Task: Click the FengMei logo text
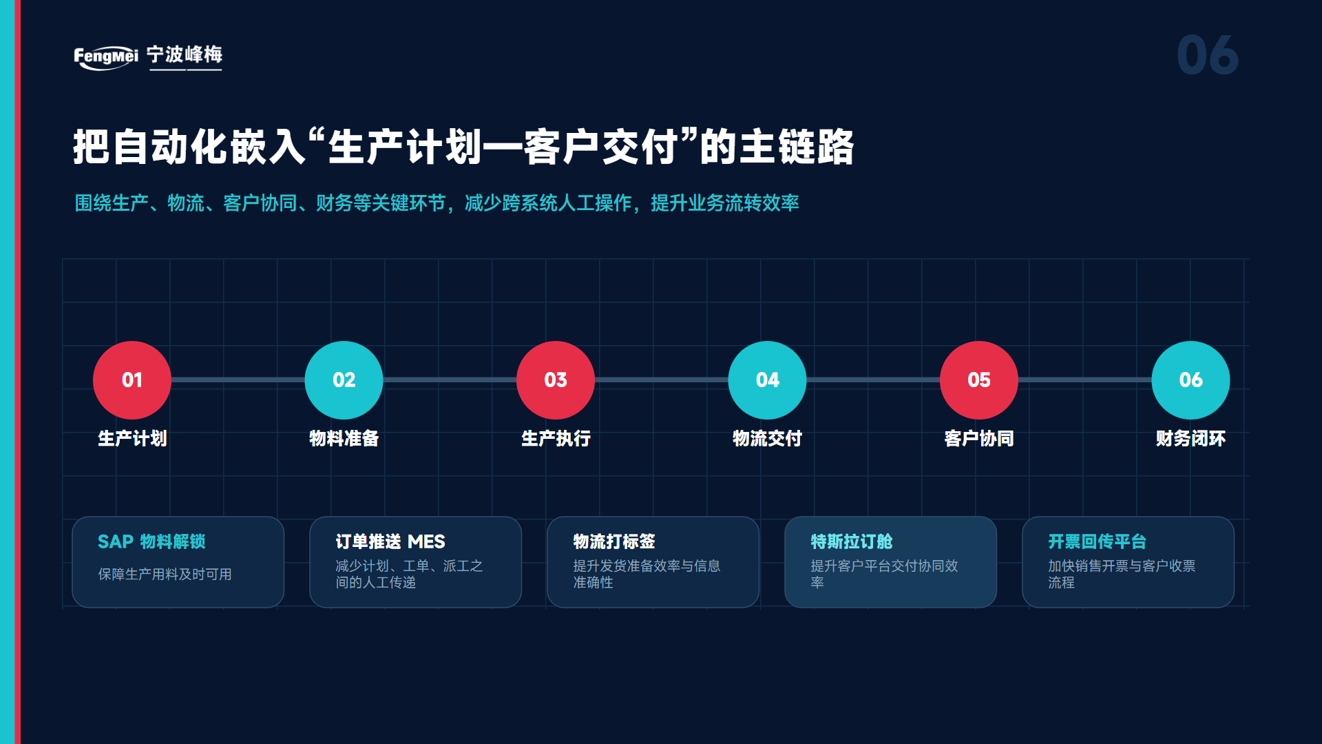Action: (106, 56)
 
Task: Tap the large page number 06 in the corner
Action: (1208, 55)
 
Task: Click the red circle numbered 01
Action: (132, 380)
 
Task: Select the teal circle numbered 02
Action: (344, 380)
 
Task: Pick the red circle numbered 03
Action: (556, 380)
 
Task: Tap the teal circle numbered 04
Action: (767, 380)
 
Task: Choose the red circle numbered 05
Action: (979, 380)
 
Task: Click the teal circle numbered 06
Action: (1190, 380)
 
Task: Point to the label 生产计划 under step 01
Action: (132, 439)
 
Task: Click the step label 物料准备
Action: (344, 439)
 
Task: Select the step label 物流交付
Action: (767, 439)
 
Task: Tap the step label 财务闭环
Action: (1190, 439)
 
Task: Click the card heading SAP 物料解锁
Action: (151, 541)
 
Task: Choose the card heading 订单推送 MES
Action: (390, 541)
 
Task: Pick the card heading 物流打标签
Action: (614, 541)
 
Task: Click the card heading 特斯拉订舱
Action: (852, 541)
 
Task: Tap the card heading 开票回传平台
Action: (1098, 541)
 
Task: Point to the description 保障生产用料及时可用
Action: (165, 575)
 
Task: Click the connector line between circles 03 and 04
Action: (662, 380)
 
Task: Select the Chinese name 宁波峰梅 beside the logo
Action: (185, 54)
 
